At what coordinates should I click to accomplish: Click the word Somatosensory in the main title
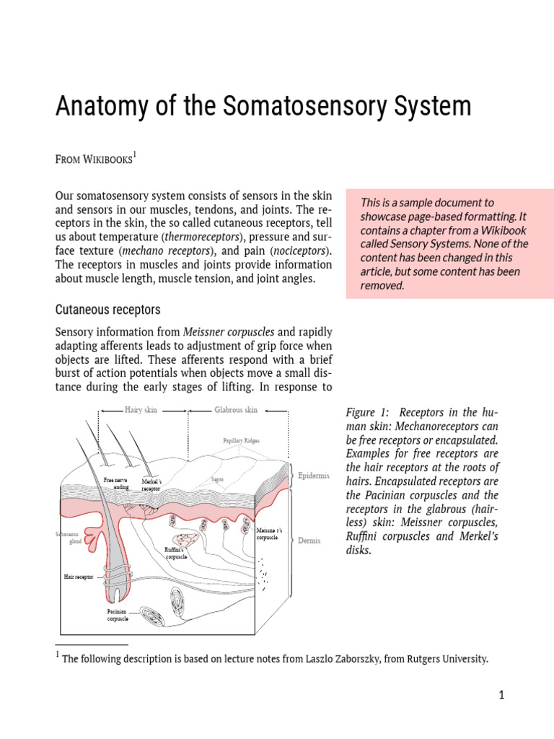click(314, 107)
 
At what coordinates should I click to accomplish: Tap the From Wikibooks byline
click(94, 159)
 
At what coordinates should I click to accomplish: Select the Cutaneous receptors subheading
click(107, 310)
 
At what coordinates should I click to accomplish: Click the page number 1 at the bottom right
click(501, 695)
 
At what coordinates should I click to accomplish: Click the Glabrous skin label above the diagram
click(236, 410)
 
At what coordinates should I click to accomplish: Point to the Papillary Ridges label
click(241, 440)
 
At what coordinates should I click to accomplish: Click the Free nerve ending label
click(115, 483)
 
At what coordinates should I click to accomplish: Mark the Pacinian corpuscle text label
click(118, 615)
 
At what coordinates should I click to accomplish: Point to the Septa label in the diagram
click(216, 478)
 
